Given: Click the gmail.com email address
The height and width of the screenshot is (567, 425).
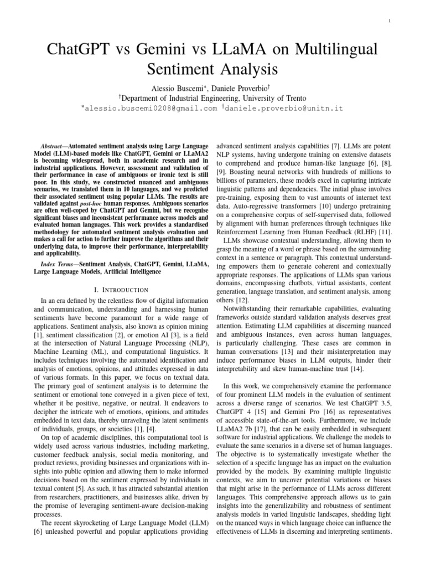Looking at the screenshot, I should click(x=149, y=109).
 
